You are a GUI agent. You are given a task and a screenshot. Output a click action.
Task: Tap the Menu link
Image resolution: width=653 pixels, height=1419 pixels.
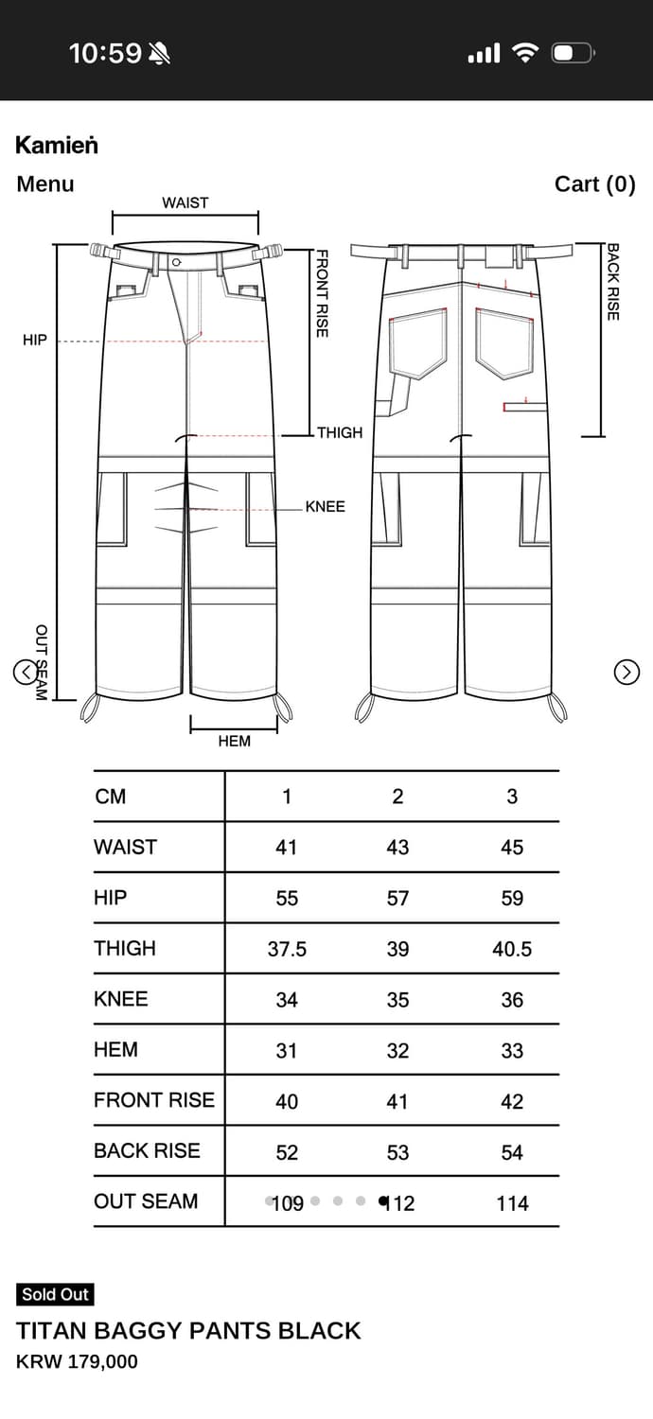coord(45,184)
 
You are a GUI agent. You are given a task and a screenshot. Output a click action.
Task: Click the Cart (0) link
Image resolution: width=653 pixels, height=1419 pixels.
coord(594,184)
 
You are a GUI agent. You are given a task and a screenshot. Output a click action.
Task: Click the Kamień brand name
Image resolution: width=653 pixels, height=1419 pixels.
coord(57,145)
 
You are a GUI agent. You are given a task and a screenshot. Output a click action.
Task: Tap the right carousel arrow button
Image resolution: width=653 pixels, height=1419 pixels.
coord(627,672)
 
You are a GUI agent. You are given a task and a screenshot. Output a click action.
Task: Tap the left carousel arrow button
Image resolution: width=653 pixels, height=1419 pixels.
coord(26,672)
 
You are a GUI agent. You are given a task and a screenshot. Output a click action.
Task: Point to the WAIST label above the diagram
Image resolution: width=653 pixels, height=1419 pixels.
coord(185,202)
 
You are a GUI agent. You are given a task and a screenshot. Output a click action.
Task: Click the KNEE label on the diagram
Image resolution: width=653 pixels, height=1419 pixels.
coord(326,507)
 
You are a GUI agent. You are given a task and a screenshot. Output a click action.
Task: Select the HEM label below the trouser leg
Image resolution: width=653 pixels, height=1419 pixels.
coord(234,741)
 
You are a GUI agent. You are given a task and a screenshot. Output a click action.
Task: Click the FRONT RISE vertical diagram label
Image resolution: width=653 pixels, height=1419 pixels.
coord(322,293)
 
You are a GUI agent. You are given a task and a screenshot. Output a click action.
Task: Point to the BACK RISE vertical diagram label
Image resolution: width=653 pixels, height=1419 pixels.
coord(613,282)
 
